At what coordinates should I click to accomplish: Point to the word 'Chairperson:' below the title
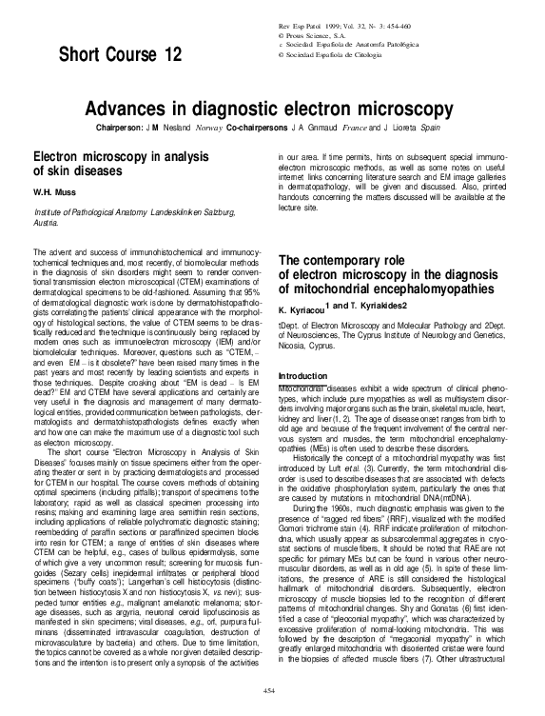pyautogui.click(x=149, y=127)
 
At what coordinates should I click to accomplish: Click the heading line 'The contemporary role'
pyautogui.click(x=349, y=262)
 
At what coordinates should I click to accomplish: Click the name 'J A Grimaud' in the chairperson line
pyautogui.click(x=327, y=127)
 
